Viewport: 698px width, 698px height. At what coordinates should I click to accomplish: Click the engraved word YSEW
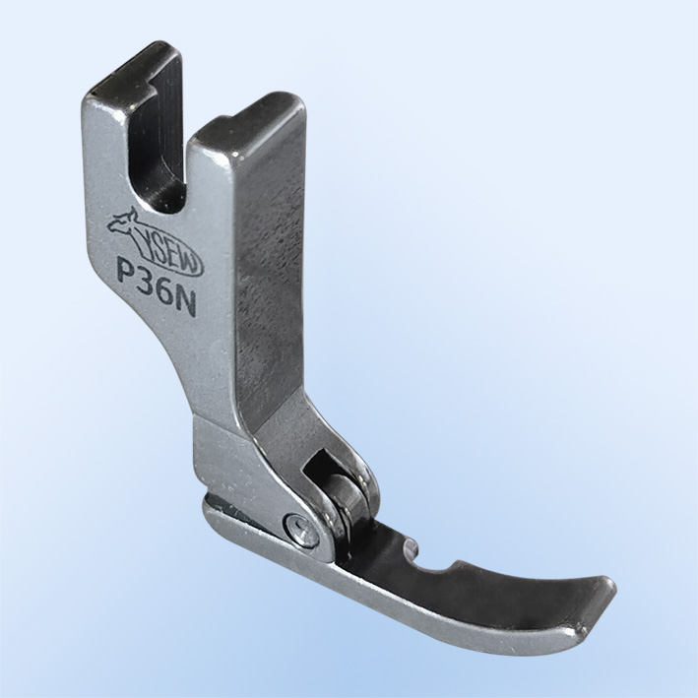tap(172, 254)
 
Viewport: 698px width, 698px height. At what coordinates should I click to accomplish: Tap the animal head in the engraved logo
tap(126, 219)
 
